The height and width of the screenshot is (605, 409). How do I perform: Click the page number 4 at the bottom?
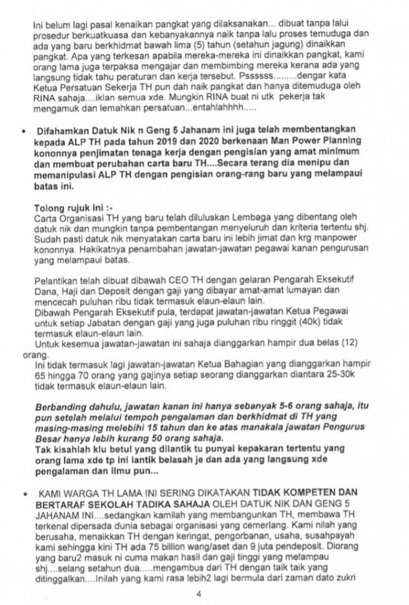[x=199, y=594]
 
